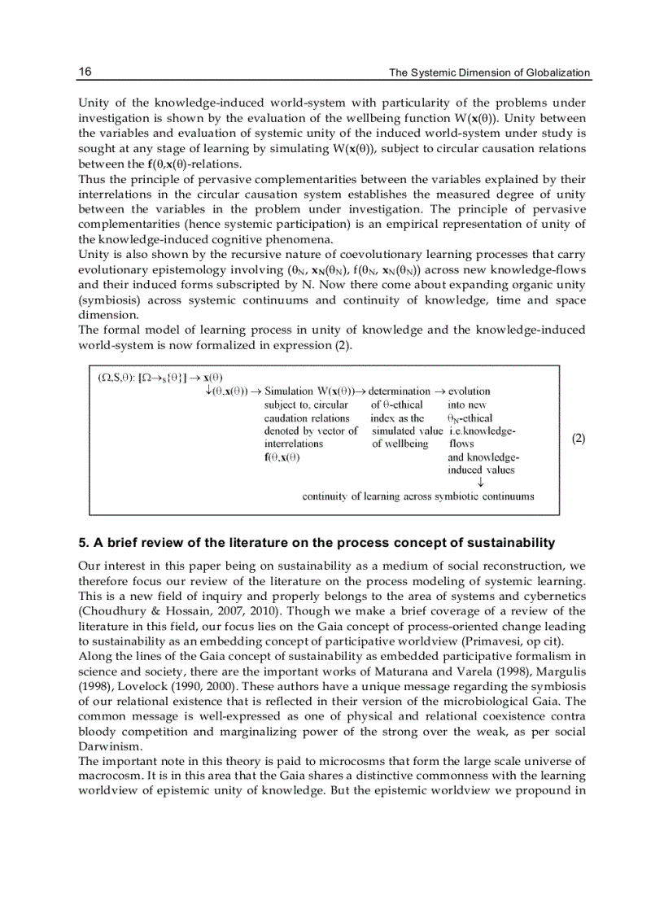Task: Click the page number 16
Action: point(85,72)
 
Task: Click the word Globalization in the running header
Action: point(557,73)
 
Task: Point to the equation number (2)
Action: point(578,439)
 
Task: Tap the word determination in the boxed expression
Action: point(399,391)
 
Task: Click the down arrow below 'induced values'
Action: point(481,483)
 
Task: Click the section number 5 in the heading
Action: point(82,543)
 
